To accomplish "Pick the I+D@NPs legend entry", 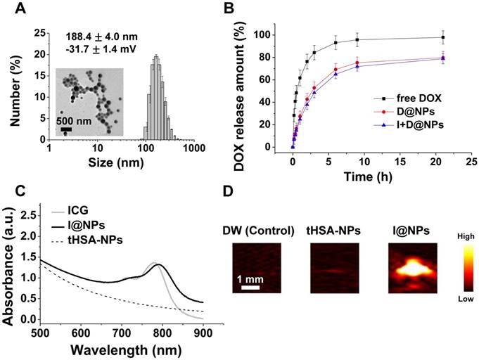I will [x=416, y=124].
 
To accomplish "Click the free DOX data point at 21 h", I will [x=443, y=37].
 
